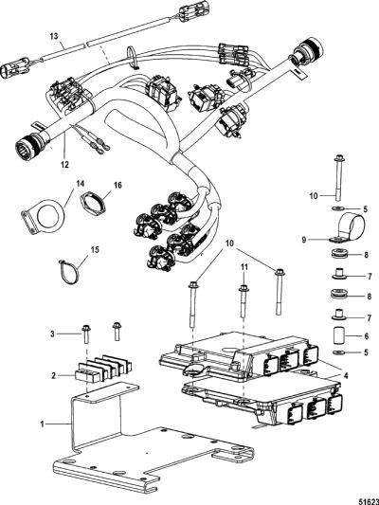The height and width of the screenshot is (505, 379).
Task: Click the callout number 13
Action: (x=54, y=36)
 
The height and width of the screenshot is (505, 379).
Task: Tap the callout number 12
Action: (x=64, y=165)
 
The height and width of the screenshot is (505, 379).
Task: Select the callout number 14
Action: (x=80, y=184)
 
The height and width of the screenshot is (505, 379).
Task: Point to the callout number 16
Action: (x=117, y=185)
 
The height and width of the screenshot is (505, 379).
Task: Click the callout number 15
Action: (x=95, y=249)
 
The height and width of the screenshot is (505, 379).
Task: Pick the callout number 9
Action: (x=304, y=240)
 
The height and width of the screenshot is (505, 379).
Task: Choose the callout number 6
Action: (x=367, y=336)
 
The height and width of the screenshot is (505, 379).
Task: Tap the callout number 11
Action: (x=244, y=266)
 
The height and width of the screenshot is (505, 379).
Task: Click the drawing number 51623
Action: (x=370, y=501)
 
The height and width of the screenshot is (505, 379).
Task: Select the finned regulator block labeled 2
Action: (x=103, y=369)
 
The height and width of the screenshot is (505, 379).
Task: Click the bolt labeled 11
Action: (x=244, y=301)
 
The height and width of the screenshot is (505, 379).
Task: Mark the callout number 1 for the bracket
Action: (x=43, y=424)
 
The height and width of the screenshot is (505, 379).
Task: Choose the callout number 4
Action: (x=345, y=375)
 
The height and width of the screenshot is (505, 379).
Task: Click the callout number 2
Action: (x=53, y=375)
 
